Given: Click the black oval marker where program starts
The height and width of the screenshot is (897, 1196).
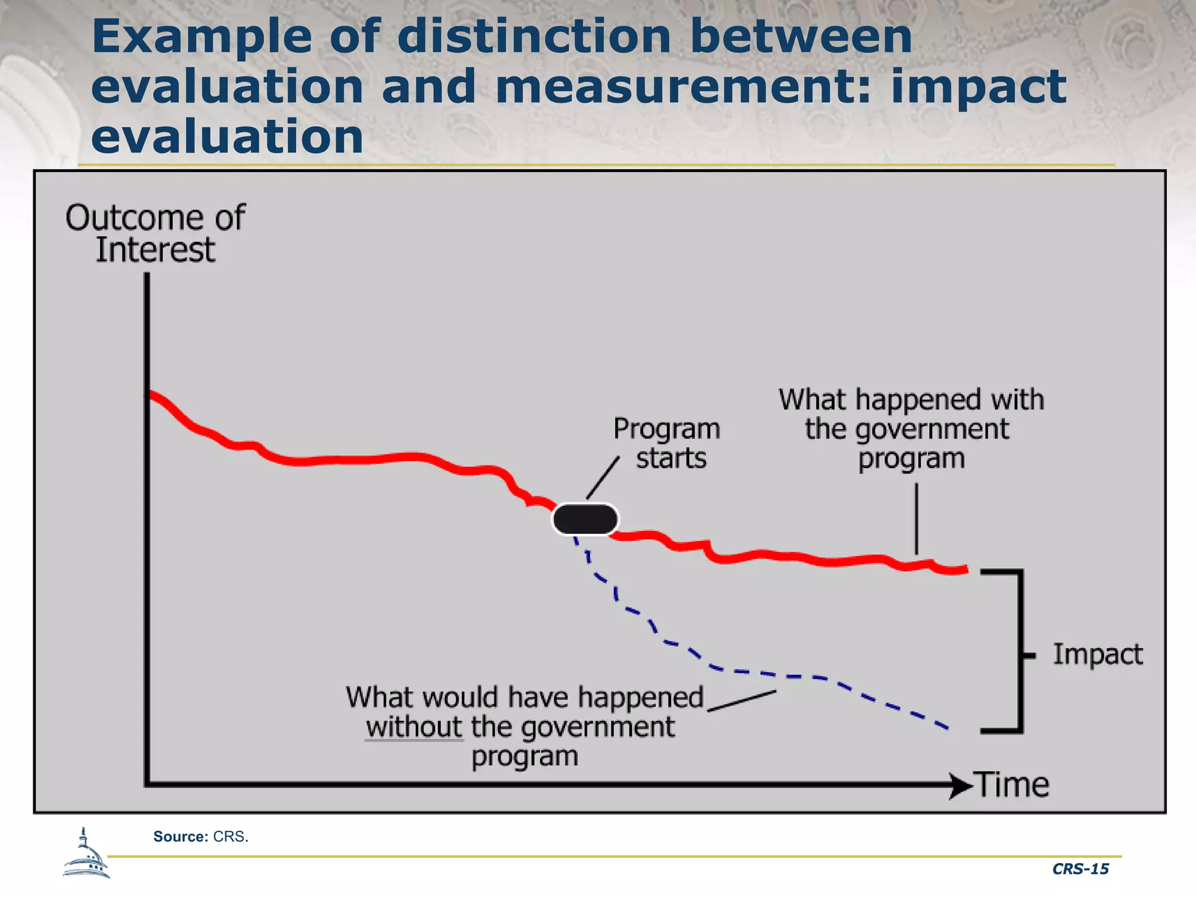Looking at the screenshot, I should click(585, 519).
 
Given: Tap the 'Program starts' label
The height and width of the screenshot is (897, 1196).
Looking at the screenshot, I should click(667, 443).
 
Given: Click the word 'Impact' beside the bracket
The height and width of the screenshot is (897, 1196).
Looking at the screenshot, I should click(1097, 654).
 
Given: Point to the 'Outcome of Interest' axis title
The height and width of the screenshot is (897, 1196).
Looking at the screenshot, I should click(155, 234).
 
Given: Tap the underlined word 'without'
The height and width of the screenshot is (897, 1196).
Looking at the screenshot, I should click(414, 727).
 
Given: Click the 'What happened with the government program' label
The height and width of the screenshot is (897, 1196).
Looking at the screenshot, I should click(910, 429).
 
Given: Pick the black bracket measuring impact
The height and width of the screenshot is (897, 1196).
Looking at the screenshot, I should click(1020, 651).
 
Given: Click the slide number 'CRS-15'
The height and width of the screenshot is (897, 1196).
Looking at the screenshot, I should click(1080, 869).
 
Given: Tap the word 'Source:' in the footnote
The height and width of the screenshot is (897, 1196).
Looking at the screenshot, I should click(180, 836).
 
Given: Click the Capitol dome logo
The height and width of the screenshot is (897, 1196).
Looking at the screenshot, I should click(86, 854).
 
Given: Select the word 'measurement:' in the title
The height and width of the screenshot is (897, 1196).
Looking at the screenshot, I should click(683, 86).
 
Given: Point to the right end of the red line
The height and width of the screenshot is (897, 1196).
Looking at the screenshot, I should click(965, 569).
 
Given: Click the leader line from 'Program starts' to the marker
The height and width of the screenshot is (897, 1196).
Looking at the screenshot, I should click(603, 478).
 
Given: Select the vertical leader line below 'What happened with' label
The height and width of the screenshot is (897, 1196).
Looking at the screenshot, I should click(916, 518).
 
